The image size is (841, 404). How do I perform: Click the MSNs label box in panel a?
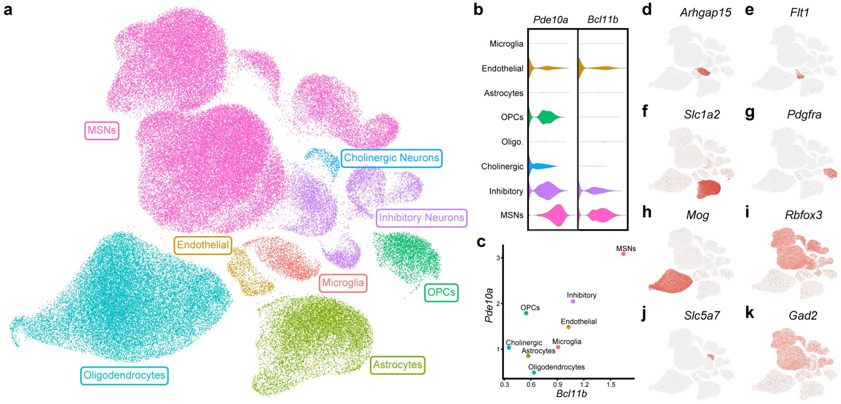(x=102, y=130)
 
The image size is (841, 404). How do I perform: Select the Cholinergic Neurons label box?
(x=391, y=158)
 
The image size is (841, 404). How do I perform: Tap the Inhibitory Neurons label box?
(x=421, y=218)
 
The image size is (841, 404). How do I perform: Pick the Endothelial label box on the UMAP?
(x=203, y=245)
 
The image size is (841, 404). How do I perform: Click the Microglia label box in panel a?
(x=343, y=283)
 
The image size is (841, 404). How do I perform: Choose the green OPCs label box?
(x=441, y=292)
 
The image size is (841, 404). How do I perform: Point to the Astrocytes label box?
(x=397, y=365)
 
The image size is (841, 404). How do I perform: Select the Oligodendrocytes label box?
(x=124, y=376)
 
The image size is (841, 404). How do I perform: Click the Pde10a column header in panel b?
(x=550, y=20)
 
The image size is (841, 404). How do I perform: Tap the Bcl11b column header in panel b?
(x=603, y=20)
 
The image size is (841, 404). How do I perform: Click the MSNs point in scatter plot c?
(x=623, y=254)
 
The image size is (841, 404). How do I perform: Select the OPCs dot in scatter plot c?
(x=526, y=313)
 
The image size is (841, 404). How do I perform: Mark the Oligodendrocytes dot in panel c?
(x=534, y=373)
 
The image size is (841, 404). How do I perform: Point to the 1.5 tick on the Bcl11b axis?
(x=611, y=384)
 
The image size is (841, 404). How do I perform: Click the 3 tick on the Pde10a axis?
(x=498, y=258)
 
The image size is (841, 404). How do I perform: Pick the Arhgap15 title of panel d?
(x=705, y=13)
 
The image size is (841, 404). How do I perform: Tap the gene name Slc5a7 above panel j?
(x=702, y=316)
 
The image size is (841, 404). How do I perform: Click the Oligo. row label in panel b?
(x=512, y=142)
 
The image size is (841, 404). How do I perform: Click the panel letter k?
(x=749, y=313)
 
